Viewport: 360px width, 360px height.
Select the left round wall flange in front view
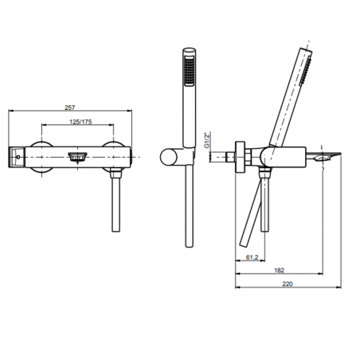[41, 155]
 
